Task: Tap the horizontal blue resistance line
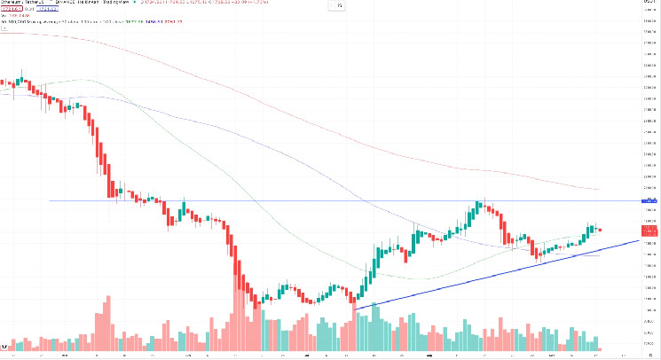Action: tap(266, 200)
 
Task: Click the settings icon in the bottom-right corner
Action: tap(653, 354)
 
